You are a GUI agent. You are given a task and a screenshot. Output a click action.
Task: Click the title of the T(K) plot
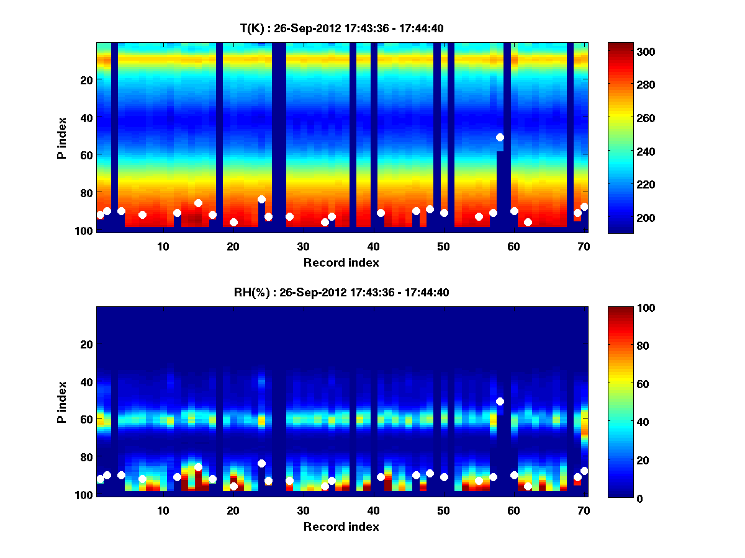coord(341,28)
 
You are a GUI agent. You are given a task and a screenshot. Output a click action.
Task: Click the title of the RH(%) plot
coord(341,293)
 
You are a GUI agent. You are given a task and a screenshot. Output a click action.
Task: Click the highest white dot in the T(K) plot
coord(500,138)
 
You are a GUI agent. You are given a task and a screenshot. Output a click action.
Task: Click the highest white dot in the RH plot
coord(500,402)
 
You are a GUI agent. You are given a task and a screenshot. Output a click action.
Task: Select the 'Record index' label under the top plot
coord(341,262)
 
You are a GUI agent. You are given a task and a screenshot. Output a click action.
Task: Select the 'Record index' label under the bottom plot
coord(341,527)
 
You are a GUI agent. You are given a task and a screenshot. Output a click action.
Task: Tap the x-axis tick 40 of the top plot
coord(373,246)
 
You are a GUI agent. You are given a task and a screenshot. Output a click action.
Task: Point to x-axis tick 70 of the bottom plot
coord(584,510)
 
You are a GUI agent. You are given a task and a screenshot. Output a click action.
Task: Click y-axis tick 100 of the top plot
coord(84,231)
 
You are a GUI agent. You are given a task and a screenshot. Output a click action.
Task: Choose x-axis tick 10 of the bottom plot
coord(163,510)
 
